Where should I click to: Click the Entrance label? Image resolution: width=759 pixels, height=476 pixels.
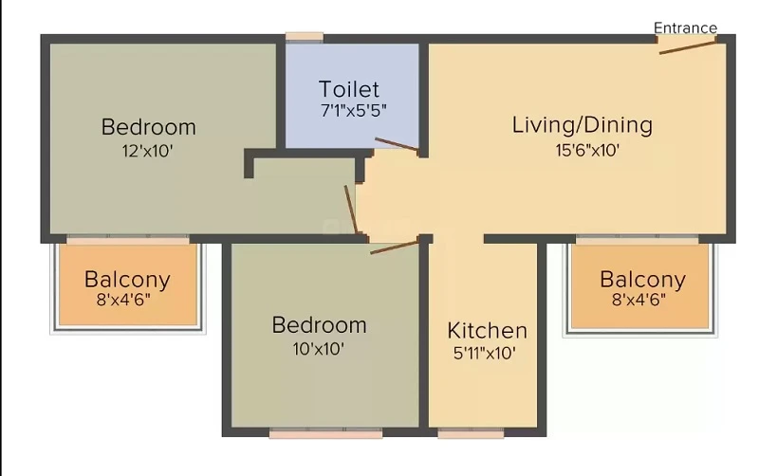point(685,28)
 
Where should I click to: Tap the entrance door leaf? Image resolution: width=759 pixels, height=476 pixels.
point(688,47)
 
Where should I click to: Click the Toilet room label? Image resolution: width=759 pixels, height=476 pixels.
point(349,89)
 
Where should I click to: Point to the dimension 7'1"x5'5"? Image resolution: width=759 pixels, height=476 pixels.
point(353,111)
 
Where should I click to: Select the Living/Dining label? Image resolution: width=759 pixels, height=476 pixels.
point(583,125)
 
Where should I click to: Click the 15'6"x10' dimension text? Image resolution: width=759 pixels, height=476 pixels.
point(587,150)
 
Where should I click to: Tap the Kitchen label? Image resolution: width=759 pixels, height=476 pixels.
point(487,330)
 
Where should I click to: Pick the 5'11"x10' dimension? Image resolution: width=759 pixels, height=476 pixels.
point(484,353)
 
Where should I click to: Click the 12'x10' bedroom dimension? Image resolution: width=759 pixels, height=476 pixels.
point(147,151)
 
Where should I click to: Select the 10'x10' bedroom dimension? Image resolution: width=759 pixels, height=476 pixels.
point(318,348)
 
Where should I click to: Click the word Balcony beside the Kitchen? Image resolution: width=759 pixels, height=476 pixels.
point(643,280)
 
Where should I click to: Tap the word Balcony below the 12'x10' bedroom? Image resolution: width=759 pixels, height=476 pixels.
point(127,280)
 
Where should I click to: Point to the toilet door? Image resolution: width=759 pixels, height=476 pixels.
point(397,144)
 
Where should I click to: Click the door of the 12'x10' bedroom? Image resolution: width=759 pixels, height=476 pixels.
point(351,210)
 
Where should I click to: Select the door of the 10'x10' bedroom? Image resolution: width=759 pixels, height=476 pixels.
point(394,247)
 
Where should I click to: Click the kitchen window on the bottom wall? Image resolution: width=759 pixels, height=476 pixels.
point(471,433)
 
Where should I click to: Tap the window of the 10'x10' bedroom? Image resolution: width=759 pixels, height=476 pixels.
point(325,433)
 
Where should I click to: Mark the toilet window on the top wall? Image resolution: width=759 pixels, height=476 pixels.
point(305,37)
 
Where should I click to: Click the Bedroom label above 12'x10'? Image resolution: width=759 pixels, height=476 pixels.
point(149,127)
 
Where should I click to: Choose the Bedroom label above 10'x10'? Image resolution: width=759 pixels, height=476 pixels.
point(319,325)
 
